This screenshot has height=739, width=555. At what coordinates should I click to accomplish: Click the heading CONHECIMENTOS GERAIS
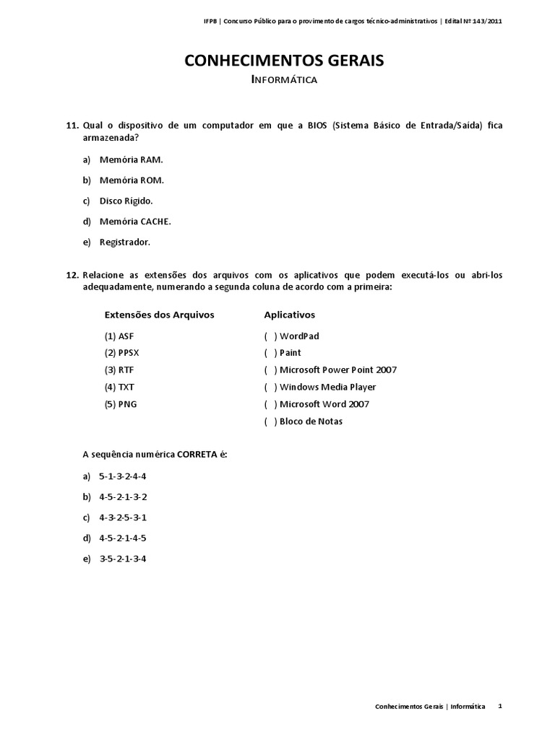[x=284, y=61]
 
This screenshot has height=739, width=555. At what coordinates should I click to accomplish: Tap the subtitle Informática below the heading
[x=284, y=80]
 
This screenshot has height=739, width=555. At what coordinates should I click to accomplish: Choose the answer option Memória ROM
[x=132, y=180]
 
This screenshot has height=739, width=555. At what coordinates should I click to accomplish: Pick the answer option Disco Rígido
[x=126, y=201]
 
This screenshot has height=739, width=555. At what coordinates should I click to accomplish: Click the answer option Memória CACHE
[x=135, y=222]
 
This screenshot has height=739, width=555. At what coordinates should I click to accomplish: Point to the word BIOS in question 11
[x=317, y=125]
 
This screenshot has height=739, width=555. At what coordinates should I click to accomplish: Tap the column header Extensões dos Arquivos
[x=160, y=315]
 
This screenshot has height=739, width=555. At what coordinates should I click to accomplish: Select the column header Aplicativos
[x=290, y=315]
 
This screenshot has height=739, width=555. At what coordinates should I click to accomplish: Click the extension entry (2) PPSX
[x=121, y=353]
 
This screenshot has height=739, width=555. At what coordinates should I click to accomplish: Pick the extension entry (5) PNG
[x=121, y=404]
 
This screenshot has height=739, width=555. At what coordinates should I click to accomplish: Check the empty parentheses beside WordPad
[x=270, y=336]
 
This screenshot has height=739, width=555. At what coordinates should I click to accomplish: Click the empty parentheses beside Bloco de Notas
[x=270, y=421]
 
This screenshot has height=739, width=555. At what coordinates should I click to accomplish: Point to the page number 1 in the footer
[x=500, y=707]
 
